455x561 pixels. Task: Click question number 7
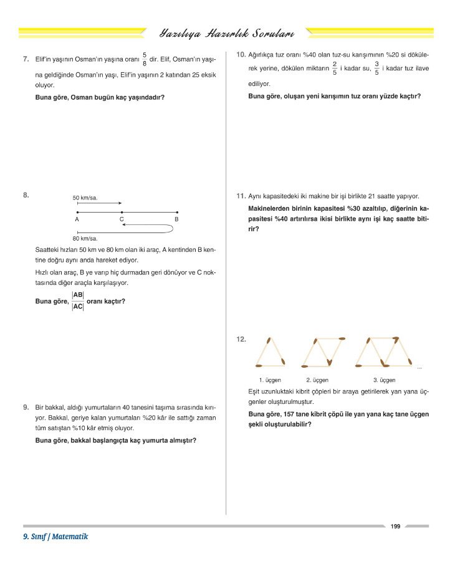click(x=26, y=59)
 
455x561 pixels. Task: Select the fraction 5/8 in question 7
click(x=145, y=59)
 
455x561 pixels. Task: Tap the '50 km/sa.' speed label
click(x=85, y=198)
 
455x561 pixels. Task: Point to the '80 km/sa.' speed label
click(x=85, y=238)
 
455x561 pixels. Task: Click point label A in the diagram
click(x=77, y=219)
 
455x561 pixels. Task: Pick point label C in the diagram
click(x=122, y=219)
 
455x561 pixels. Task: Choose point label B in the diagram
click(x=176, y=219)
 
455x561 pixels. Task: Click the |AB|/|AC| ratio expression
click(x=78, y=300)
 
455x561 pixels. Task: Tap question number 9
click(x=26, y=407)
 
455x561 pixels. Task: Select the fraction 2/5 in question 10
click(x=335, y=68)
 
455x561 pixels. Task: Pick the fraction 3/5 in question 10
click(x=376, y=68)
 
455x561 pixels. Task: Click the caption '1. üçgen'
click(x=270, y=380)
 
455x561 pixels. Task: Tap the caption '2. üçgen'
click(x=317, y=380)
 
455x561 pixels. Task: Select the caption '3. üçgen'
click(x=384, y=380)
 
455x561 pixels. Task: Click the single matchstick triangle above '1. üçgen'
click(x=270, y=353)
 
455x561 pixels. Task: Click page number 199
click(x=395, y=527)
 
